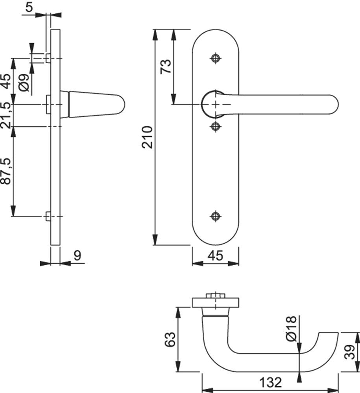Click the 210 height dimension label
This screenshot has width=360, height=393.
(148, 137)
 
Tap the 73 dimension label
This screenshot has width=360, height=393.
(166, 66)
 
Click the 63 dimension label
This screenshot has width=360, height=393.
(170, 340)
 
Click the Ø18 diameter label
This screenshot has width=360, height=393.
(291, 329)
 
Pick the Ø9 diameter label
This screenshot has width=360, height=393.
(24, 83)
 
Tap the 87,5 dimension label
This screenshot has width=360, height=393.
(7, 171)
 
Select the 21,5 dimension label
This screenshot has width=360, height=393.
(7, 115)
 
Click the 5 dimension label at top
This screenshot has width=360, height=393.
(29, 7)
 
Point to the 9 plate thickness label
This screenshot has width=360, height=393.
(78, 256)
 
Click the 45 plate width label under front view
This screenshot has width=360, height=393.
(216, 256)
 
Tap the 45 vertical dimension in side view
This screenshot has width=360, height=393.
(7, 81)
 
